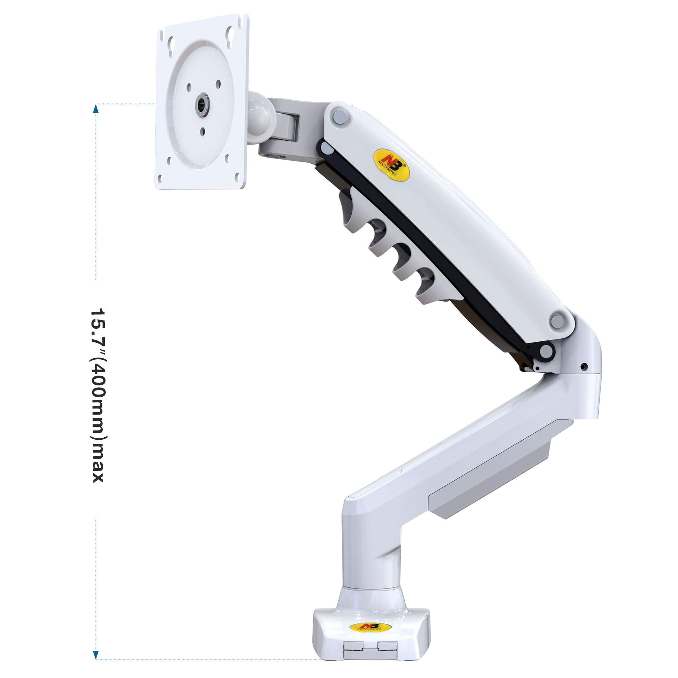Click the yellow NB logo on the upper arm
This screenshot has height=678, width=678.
point(391,165)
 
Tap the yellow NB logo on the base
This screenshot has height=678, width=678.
point(371,627)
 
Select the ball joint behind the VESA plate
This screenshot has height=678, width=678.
point(260,118)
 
